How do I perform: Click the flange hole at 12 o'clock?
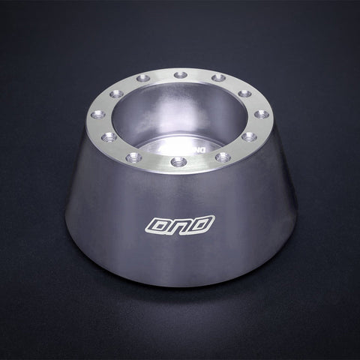180,75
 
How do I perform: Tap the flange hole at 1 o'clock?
218,78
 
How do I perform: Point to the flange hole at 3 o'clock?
261,114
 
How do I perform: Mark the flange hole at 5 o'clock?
223,157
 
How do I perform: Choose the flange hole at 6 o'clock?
178,162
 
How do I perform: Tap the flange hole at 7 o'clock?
135,157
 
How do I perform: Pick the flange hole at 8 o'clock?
108,137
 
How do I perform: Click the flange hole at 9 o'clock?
97,115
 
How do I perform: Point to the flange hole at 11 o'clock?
142,78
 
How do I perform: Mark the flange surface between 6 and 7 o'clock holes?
157,161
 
